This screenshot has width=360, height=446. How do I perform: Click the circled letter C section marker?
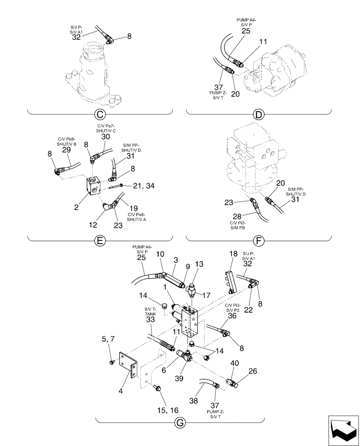[x=100, y=115]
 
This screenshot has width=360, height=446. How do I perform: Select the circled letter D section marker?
[x=258, y=115]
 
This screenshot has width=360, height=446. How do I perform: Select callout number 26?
[x=240, y=371]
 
